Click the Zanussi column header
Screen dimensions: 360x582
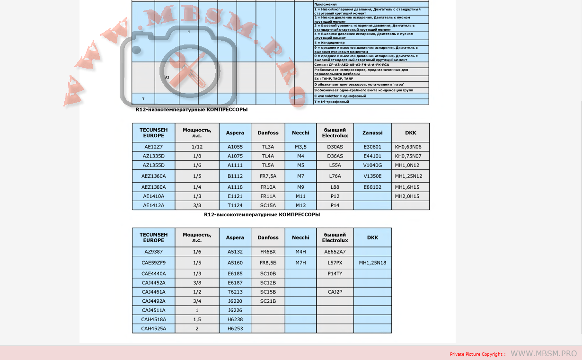tap(372, 133)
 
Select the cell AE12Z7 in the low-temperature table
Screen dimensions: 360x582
tap(153, 147)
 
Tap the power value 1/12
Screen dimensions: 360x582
tap(197, 147)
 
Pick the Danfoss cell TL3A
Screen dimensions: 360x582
tap(268, 147)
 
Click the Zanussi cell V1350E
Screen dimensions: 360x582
tap(372, 176)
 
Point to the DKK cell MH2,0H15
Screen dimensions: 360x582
tap(407, 196)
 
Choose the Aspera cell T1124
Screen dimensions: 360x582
tap(235, 205)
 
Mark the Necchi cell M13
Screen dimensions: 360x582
tap(300, 205)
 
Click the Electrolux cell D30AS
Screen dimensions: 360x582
tap(335, 147)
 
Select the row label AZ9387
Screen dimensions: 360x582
tap(153, 252)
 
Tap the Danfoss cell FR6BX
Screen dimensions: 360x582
tap(268, 252)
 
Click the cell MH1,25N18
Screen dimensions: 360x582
tap(372, 263)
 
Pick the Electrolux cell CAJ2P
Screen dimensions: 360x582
tap(335, 292)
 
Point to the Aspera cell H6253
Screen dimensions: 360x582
tap(235, 328)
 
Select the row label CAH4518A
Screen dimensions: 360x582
tap(153, 319)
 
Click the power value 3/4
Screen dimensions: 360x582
tap(197, 301)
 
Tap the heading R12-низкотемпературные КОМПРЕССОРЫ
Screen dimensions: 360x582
tap(191, 109)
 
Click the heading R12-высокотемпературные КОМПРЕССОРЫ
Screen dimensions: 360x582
tap(262, 214)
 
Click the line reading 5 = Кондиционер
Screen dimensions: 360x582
tap(329, 43)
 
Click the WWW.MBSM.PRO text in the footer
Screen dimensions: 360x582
tap(544, 353)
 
